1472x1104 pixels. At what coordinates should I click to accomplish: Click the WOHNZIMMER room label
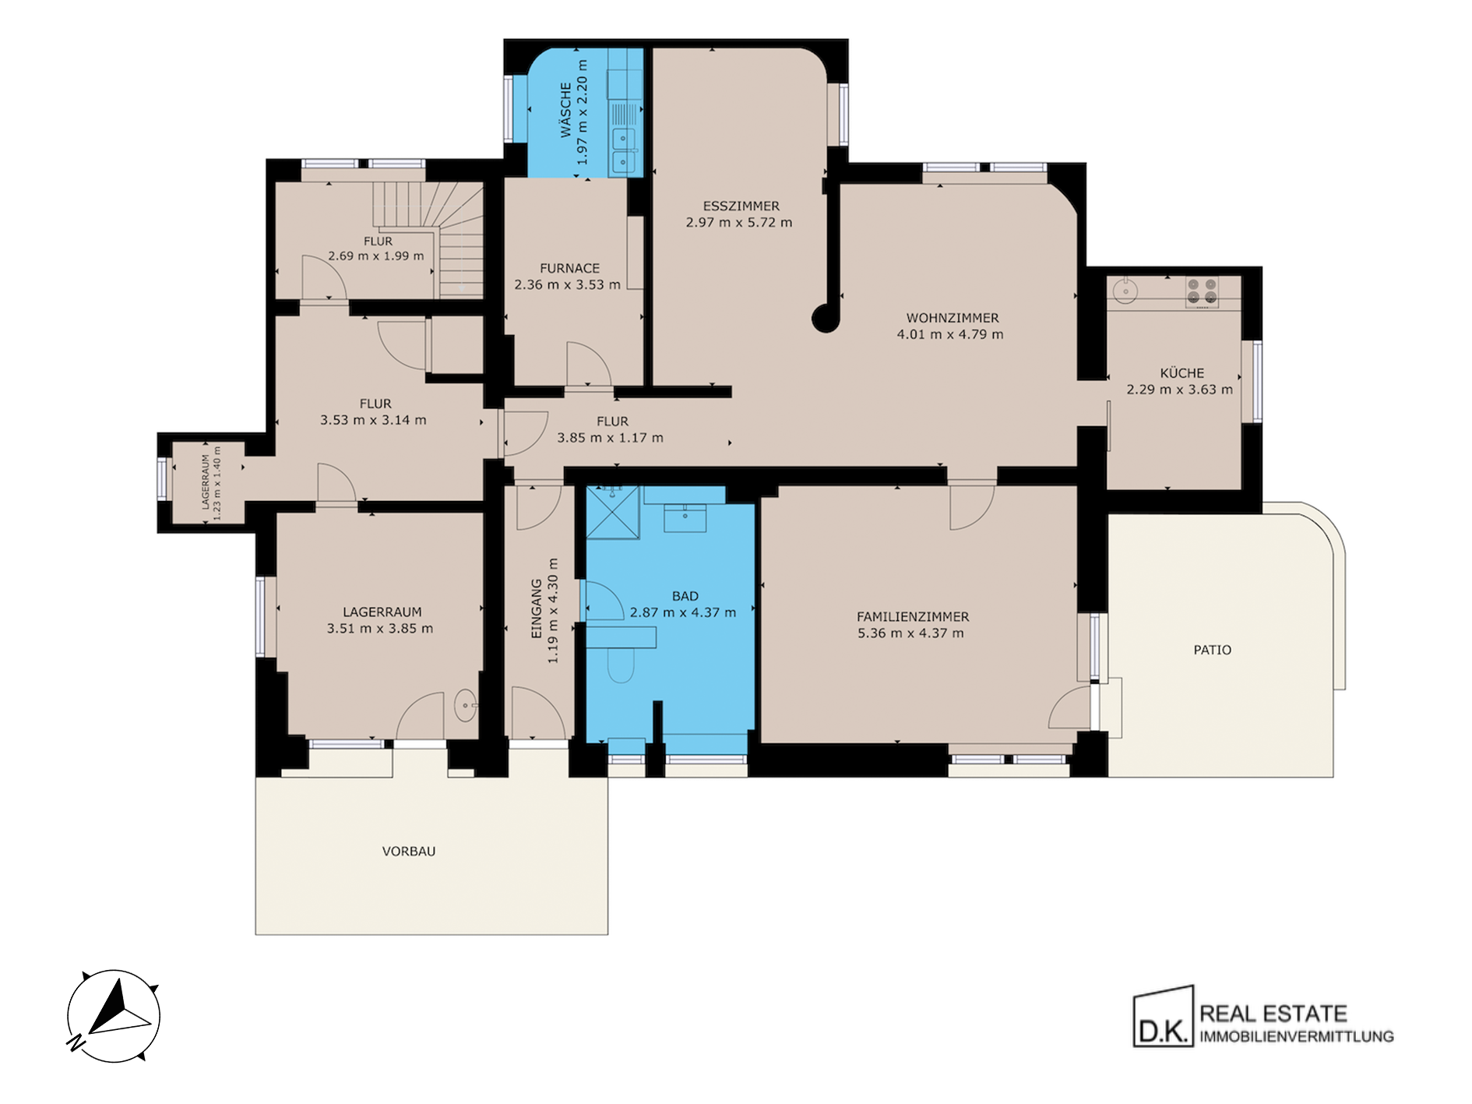click(x=952, y=318)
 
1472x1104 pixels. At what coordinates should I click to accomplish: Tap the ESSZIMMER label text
click(x=741, y=206)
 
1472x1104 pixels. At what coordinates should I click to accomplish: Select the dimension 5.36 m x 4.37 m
click(x=910, y=633)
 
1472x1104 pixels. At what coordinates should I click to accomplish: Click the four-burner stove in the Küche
click(x=1201, y=291)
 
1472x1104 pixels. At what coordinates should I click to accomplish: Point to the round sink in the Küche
click(x=1125, y=291)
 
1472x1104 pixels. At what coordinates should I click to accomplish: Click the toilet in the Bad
click(x=621, y=665)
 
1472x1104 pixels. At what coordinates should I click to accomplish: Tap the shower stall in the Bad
click(x=612, y=512)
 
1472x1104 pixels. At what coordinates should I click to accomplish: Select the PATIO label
click(x=1213, y=650)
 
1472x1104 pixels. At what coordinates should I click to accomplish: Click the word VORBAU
click(x=409, y=852)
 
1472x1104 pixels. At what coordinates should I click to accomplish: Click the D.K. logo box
click(x=1163, y=1016)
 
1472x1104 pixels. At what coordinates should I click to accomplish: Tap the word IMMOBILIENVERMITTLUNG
click(x=1297, y=1037)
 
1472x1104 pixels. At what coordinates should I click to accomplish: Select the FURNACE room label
click(x=570, y=268)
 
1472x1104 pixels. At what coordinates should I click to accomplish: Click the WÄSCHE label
click(x=566, y=110)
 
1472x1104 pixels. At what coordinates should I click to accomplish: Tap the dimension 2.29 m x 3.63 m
click(x=1180, y=390)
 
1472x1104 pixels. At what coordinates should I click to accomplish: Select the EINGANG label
click(x=537, y=608)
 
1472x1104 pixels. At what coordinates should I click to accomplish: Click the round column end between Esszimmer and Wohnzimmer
click(x=824, y=318)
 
